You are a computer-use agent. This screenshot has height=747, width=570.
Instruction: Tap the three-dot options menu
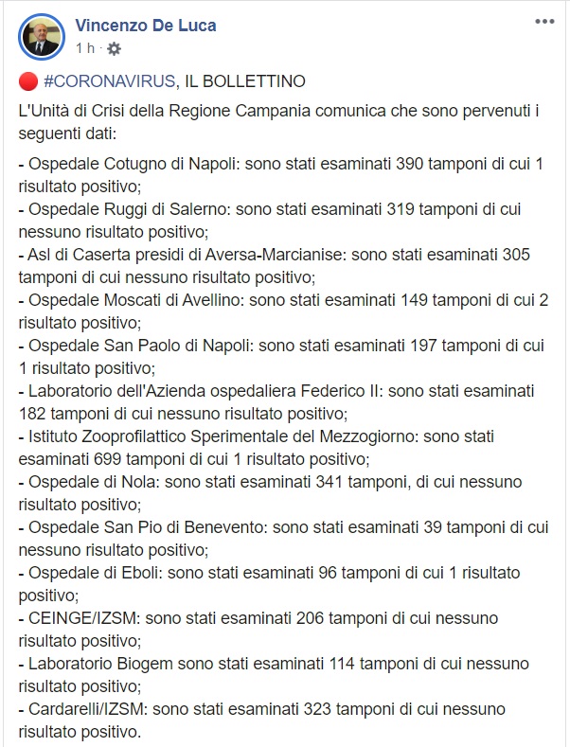544,21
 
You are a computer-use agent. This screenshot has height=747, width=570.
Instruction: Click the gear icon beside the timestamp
114,48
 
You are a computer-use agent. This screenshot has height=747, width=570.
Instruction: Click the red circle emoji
27,81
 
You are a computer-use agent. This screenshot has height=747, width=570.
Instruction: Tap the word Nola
124,482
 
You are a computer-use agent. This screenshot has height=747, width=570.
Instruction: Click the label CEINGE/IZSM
80,618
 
